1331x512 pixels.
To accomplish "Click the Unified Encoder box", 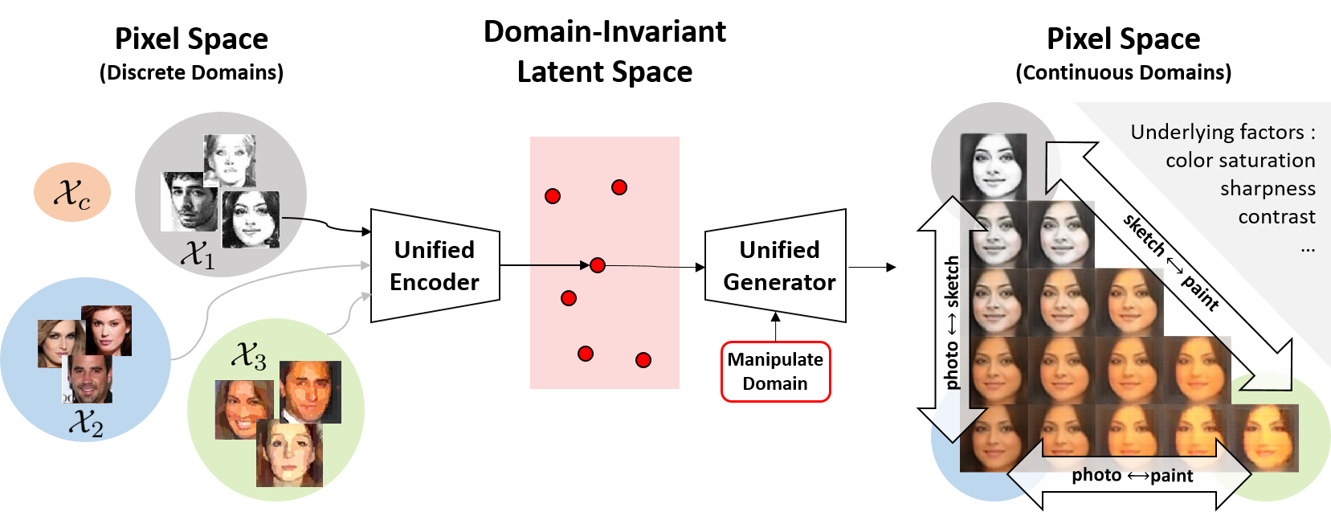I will pyautogui.click(x=435, y=266).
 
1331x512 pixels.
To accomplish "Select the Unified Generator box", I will pyautogui.click(x=778, y=266).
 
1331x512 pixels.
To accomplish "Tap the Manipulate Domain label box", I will pyautogui.click(x=775, y=371).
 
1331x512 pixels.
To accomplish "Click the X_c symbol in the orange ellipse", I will pyautogui.click(x=71, y=194).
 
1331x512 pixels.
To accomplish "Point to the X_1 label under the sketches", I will pyautogui.click(x=198, y=255).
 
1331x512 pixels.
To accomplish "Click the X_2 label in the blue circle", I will pyautogui.click(x=86, y=422).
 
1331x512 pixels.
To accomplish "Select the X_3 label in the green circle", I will pyautogui.click(x=249, y=355).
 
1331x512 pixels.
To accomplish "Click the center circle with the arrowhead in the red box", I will pyautogui.click(x=597, y=265).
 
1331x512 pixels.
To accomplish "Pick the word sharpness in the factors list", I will pyautogui.click(x=1268, y=189).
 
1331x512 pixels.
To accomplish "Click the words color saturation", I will pyautogui.click(x=1240, y=161).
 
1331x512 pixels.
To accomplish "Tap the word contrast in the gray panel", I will pyautogui.click(x=1276, y=217).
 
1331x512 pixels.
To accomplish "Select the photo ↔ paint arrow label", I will pyautogui.click(x=1132, y=476).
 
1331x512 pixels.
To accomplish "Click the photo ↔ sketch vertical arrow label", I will pyautogui.click(x=952, y=322).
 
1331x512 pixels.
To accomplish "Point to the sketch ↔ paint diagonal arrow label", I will pyautogui.click(x=1171, y=262).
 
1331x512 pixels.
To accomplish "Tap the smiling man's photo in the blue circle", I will pyautogui.click(x=88, y=379).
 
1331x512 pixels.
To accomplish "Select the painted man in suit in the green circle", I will pyautogui.click(x=310, y=391).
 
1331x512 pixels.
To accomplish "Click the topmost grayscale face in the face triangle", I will pyautogui.click(x=994, y=166).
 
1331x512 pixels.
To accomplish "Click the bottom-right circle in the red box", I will pyautogui.click(x=643, y=360).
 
